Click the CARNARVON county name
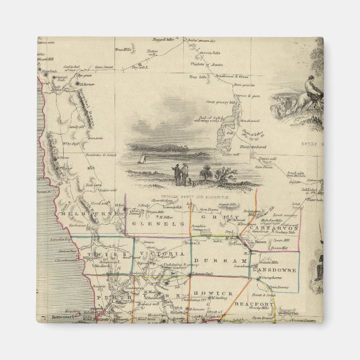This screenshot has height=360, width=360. point(282,229)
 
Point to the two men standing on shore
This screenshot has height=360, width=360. point(181,174)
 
